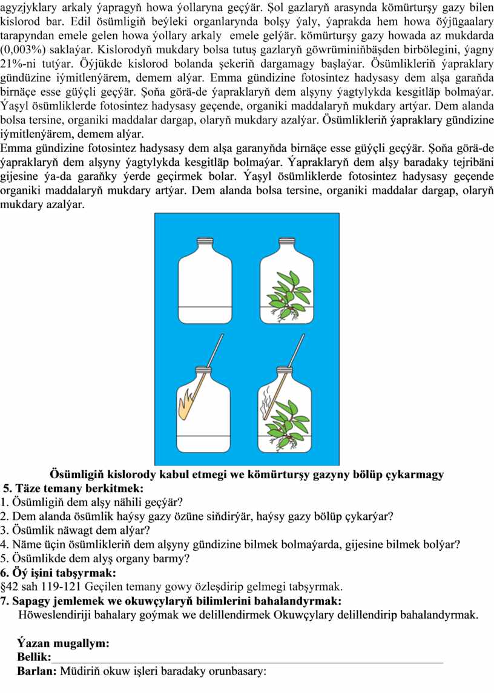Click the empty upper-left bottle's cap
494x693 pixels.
pos(205,241)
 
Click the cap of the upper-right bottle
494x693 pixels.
pos(286,241)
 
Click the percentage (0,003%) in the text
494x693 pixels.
pos(23,50)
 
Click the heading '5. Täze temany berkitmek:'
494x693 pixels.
pos(73,488)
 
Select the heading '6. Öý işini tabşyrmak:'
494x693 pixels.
pos(58,573)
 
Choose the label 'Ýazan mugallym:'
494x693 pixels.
pos(63,643)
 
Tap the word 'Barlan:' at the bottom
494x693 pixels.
pos(37,671)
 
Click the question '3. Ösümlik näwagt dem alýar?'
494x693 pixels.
pos(75,530)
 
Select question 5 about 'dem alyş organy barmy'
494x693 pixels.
pos(94,559)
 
